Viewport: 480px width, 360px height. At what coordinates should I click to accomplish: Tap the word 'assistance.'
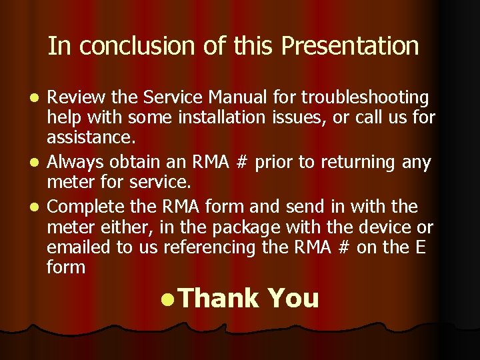pos(91,138)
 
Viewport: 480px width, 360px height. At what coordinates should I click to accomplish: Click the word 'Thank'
pos(218,299)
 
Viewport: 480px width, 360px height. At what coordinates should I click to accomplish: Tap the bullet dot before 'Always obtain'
pos(37,162)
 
